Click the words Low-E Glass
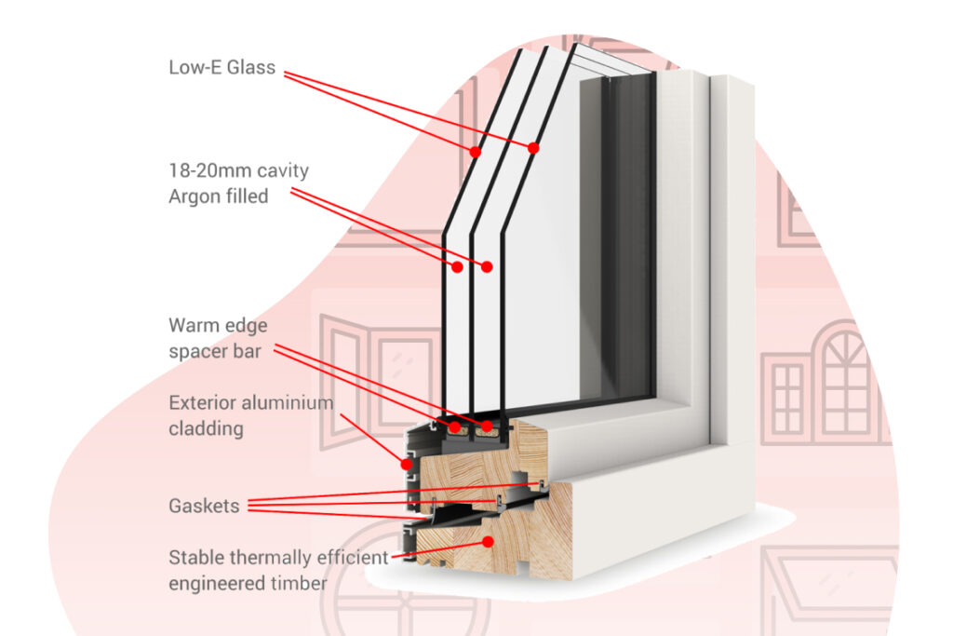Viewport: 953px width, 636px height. pyautogui.click(x=221, y=67)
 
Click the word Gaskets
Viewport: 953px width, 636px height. pyautogui.click(x=204, y=507)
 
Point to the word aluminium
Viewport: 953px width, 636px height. pyautogui.click(x=289, y=404)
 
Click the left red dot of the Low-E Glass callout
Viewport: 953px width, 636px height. pyautogui.click(x=475, y=151)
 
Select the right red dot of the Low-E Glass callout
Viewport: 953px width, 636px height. pyautogui.click(x=534, y=147)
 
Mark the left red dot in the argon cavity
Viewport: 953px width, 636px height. pyautogui.click(x=458, y=266)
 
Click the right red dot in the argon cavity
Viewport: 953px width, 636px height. pyautogui.click(x=487, y=266)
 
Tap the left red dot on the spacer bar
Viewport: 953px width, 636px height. pyautogui.click(x=455, y=428)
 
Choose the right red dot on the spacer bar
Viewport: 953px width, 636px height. pyautogui.click(x=485, y=428)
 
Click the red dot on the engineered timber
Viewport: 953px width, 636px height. pyautogui.click(x=487, y=541)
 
